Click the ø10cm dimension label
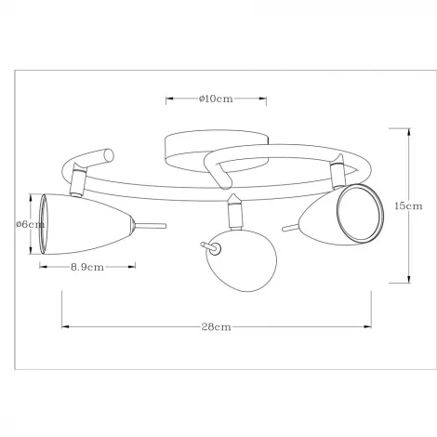click(216, 99)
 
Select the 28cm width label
click(216, 327)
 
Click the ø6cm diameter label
click(31, 224)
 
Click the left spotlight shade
click(87, 223)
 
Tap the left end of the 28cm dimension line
click(62, 326)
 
